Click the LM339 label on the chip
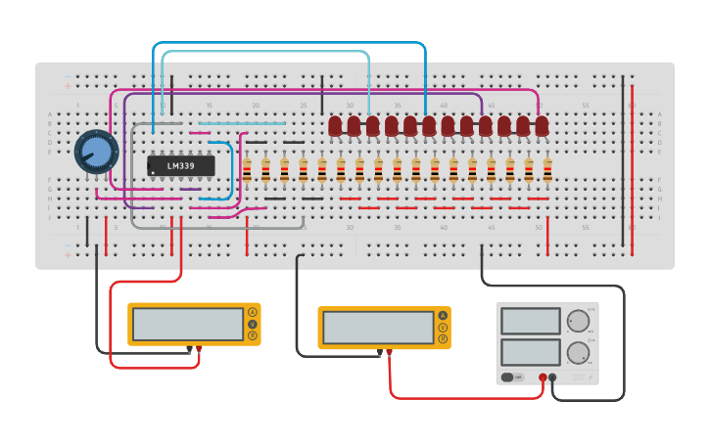click(x=180, y=166)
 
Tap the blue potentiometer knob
click(x=96, y=152)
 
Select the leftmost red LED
click(x=335, y=126)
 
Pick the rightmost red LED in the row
click(x=542, y=126)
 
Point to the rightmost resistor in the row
click(x=547, y=170)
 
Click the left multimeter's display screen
click(x=174, y=324)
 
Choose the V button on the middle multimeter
click(x=444, y=328)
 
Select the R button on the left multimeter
click(x=253, y=335)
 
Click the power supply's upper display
click(x=530, y=321)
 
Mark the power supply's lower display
click(x=530, y=352)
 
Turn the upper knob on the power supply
click(x=579, y=321)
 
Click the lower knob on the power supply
click(x=579, y=353)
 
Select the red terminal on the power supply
click(x=543, y=377)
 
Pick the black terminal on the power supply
click(x=553, y=377)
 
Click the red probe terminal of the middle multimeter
click(x=390, y=352)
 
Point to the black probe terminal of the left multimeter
click(x=190, y=349)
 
